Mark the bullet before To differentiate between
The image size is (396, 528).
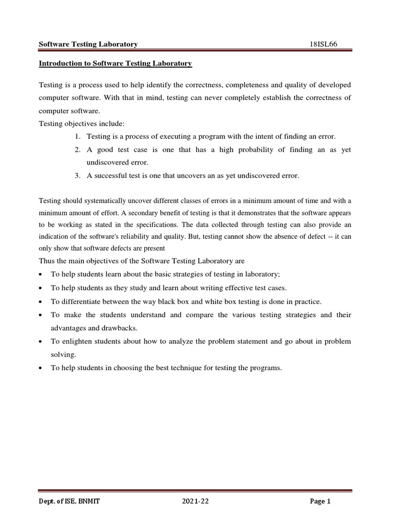coord(41,302)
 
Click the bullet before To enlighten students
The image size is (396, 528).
coord(41,342)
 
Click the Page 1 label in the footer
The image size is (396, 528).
coord(320,502)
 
